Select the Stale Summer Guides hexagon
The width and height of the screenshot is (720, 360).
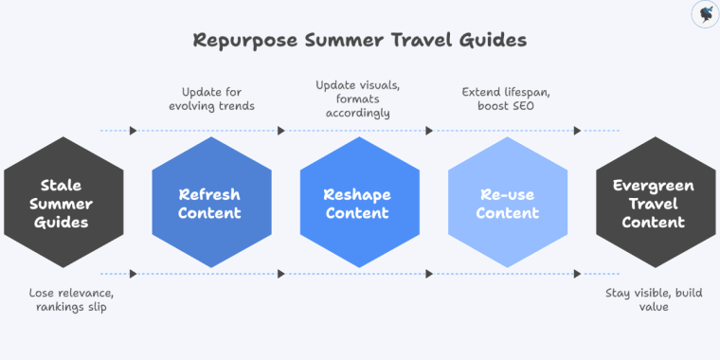(63, 203)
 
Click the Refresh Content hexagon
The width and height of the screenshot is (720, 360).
(210, 203)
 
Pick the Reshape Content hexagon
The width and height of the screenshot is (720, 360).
(359, 203)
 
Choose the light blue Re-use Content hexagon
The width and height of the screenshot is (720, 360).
(507, 203)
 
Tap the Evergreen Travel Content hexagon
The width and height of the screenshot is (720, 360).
(655, 203)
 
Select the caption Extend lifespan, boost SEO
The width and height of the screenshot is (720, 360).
(507, 100)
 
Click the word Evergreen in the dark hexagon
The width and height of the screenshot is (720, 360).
(655, 185)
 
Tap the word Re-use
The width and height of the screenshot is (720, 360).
(507, 194)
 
